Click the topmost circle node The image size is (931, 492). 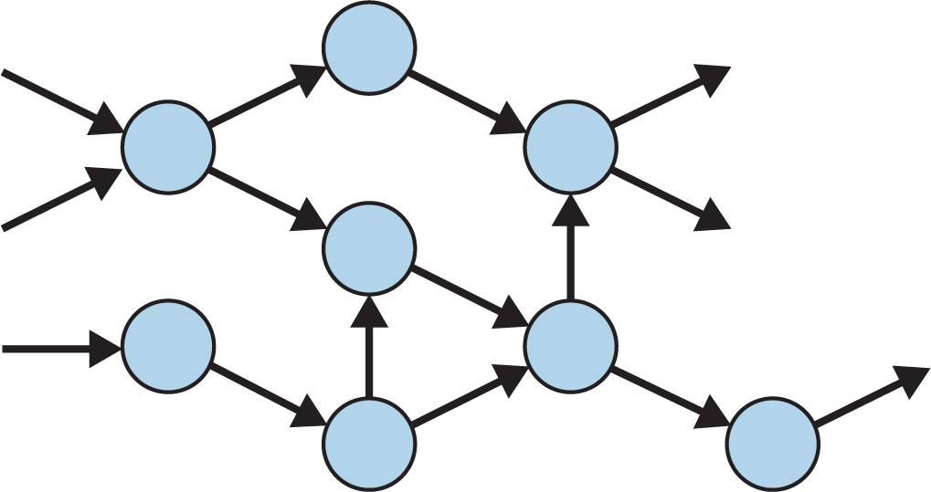point(370,47)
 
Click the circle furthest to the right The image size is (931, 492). point(773,444)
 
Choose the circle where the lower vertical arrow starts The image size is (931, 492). point(370,444)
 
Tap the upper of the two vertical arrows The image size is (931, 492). point(571,246)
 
